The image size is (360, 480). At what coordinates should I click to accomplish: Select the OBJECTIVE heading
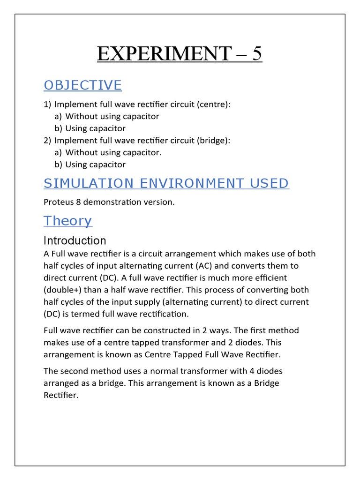click(82, 85)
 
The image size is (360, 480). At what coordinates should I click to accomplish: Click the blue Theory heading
click(67, 221)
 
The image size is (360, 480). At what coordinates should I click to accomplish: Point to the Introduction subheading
click(75, 241)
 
